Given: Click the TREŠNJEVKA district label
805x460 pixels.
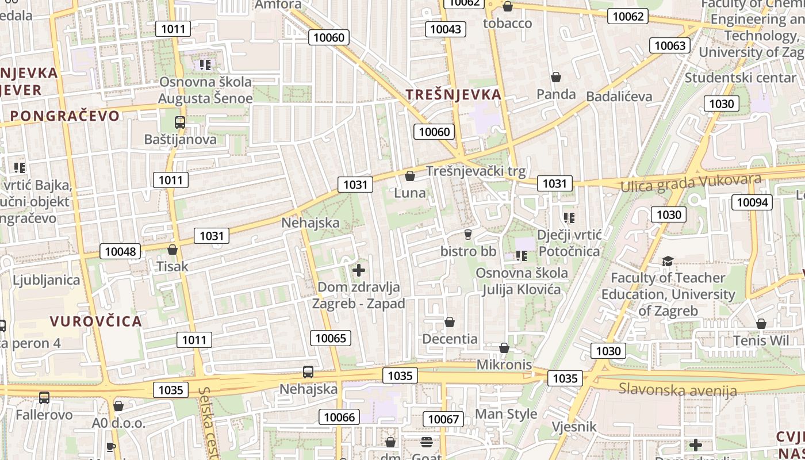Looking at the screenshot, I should [x=453, y=95].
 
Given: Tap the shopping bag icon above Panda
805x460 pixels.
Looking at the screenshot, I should [x=556, y=77].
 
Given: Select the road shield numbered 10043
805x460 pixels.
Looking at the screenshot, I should [x=445, y=29].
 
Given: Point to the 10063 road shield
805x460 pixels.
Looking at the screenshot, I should [x=670, y=45].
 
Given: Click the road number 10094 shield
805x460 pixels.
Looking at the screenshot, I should [x=752, y=202].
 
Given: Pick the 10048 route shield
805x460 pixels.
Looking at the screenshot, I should [x=121, y=251].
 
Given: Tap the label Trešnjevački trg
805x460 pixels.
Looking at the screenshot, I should [x=476, y=171].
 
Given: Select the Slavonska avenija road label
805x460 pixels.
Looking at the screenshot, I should [x=677, y=390].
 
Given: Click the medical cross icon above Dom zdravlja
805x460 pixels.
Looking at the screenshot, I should [x=359, y=270].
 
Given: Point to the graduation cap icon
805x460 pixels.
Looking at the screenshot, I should [x=667, y=262].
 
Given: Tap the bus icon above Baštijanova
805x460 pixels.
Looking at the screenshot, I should [x=180, y=122].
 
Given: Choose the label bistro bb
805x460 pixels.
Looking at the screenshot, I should [x=468, y=251].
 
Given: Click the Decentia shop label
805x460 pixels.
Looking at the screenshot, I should [x=450, y=339].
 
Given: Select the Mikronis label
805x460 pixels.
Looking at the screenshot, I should [x=504, y=365].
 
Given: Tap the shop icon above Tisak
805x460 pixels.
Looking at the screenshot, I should [x=172, y=250].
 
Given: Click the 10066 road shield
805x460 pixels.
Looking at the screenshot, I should [x=339, y=417].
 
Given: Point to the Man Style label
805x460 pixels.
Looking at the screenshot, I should [x=506, y=414].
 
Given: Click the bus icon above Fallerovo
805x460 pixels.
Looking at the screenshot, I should [x=44, y=397].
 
